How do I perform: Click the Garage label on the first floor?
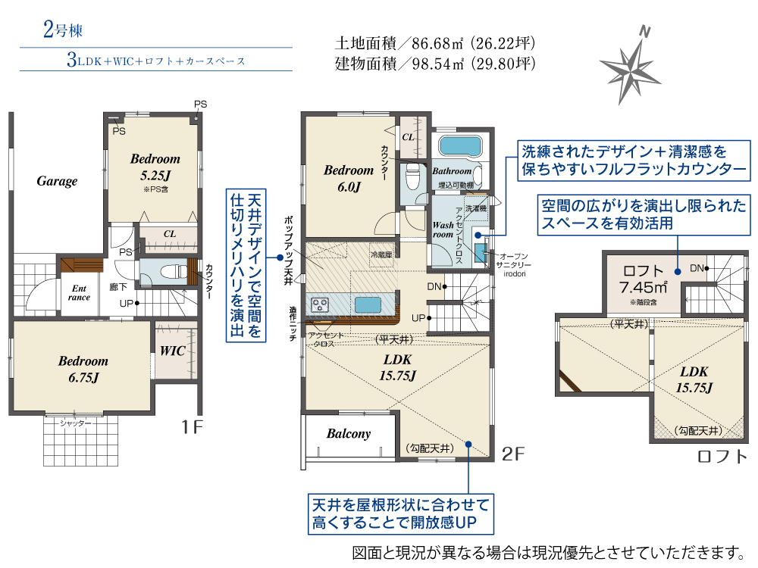pos(57,181)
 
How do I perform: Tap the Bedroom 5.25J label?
pos(155,167)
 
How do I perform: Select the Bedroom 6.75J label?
pos(83,369)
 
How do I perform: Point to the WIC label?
pos(173,351)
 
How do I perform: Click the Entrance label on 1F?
pos(80,292)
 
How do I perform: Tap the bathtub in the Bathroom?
pos(460,146)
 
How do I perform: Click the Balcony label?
pos(349,434)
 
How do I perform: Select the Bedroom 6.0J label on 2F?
pos(349,178)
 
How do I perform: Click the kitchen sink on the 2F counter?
pos(368,305)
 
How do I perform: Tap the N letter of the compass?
pos(644,32)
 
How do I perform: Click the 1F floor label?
pos(192,427)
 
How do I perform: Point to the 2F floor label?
pos(513,454)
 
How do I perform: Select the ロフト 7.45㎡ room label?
pos(644,279)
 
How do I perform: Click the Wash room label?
pos(443,230)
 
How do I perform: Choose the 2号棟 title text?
pos(63,30)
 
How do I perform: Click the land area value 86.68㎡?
pos(437,43)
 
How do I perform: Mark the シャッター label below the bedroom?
pos(75,423)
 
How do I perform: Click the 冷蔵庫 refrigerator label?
pos(381,254)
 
